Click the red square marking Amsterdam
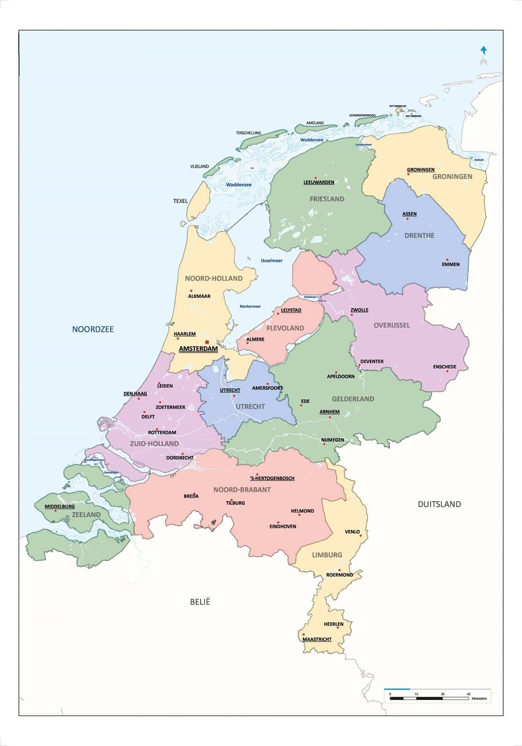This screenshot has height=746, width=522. tap(207, 342)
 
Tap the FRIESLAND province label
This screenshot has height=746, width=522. tap(327, 199)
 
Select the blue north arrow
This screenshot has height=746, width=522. tap(483, 50)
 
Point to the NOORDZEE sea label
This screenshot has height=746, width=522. tap(93, 329)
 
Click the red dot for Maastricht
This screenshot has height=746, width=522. tap(304, 634)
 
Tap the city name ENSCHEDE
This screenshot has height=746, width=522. tap(444, 367)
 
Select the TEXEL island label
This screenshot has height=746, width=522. tap(180, 201)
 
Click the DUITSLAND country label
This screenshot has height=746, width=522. tap(439, 504)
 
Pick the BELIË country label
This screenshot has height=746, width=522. tap(200, 602)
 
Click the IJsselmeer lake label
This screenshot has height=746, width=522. tap(272, 261)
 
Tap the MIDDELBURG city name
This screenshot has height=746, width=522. tap(60, 507)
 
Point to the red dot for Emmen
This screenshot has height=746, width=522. tap(447, 260)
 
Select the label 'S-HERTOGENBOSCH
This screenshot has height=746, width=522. tap(272, 478)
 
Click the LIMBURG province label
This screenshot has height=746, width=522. tap(327, 555)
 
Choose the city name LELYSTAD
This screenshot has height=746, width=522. tap(291, 310)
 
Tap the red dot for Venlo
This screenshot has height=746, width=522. tap(361, 536)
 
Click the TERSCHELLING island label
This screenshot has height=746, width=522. tap(248, 133)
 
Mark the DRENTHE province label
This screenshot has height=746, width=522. tap(419, 236)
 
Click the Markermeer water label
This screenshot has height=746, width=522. tap(250, 306)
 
